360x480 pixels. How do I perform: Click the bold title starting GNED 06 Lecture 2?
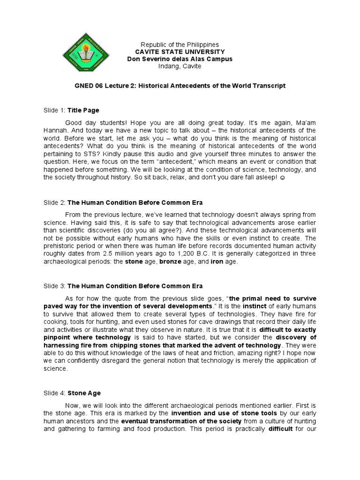click(180, 86)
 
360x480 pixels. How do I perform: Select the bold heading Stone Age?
click(84, 393)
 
